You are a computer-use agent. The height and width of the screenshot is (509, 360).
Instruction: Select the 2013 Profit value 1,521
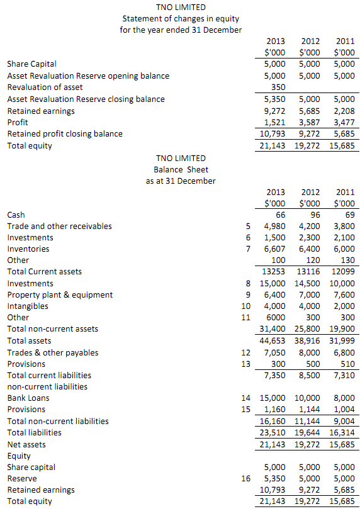[274, 122]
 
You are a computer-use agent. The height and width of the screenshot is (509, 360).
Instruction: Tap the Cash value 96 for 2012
[312, 215]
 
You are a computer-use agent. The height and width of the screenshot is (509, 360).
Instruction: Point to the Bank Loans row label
[28, 398]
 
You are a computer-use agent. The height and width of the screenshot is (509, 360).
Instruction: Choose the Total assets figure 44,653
[273, 340]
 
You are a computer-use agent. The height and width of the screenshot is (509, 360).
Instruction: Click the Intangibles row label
[28, 306]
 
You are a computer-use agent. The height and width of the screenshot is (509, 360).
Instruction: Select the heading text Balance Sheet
[181, 169]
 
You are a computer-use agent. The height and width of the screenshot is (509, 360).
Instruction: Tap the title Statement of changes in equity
[181, 19]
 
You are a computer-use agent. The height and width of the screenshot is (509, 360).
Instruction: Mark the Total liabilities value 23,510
[273, 432]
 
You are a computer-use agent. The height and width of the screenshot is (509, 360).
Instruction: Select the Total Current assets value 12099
[342, 272]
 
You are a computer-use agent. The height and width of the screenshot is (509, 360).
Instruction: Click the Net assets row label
[26, 444]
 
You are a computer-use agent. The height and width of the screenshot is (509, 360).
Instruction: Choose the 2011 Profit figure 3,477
[342, 122]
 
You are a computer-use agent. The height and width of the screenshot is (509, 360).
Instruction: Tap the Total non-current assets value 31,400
[273, 329]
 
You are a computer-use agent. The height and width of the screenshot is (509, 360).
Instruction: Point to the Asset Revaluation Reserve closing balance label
[86, 99]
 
